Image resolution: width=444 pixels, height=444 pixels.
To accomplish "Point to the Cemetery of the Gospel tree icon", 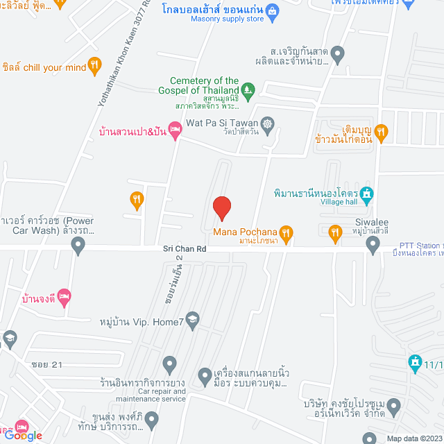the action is (x=248, y=89).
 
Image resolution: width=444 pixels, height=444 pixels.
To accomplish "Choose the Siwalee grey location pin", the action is (x=373, y=243).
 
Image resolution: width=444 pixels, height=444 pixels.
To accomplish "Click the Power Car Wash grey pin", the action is (x=78, y=244).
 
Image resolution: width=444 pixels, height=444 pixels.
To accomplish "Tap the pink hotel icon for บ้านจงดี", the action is (x=64, y=296).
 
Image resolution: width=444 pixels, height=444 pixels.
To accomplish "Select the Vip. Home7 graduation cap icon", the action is (x=192, y=319).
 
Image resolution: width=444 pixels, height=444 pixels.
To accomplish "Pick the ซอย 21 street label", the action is (x=47, y=365).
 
